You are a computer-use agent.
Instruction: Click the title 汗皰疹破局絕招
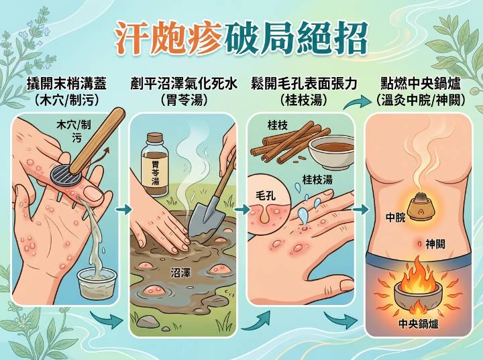(x=241, y=38)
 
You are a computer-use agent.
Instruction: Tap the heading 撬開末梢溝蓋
(x=67, y=84)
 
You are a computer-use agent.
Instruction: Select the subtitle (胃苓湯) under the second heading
(x=184, y=100)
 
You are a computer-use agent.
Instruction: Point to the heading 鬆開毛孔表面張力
(x=304, y=84)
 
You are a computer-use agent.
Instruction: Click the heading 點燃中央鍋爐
(x=421, y=84)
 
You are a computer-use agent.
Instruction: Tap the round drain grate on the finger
(x=66, y=175)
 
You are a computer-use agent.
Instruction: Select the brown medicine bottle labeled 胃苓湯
(x=155, y=165)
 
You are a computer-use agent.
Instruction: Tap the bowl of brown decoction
(x=331, y=153)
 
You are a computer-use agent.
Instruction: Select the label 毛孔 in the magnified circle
(x=266, y=196)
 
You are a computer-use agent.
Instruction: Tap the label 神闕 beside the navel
(x=435, y=244)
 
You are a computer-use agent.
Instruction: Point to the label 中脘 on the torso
(x=396, y=217)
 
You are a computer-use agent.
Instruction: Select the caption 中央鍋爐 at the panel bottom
(x=419, y=324)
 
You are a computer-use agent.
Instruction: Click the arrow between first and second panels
(x=123, y=210)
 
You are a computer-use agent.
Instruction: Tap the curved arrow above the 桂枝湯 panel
(x=358, y=103)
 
